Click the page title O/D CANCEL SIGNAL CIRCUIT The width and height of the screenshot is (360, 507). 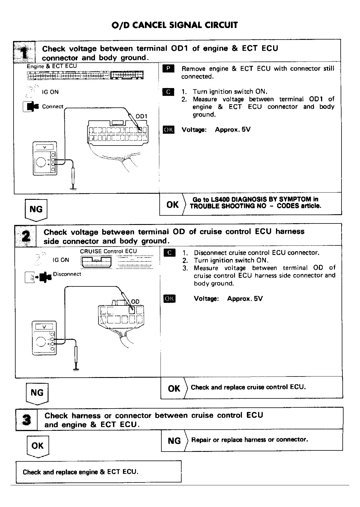(175, 25)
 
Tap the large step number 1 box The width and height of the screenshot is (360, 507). (25, 52)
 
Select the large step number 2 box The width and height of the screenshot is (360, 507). (26, 236)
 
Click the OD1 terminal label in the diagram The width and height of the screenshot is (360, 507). (141, 116)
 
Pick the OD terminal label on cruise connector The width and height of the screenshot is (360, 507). (135, 302)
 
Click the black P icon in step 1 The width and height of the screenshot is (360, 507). (168, 69)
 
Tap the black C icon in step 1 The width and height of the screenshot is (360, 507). (168, 92)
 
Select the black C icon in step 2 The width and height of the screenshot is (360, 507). (169, 253)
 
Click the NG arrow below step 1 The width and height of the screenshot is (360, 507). (36, 209)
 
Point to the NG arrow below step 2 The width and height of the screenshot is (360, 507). (37, 393)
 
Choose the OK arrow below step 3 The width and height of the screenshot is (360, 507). (38, 446)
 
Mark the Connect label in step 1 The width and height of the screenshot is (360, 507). (53, 107)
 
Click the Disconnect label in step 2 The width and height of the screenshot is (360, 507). (67, 274)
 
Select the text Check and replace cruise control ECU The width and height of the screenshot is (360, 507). (248, 387)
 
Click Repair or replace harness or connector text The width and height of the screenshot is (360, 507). (249, 440)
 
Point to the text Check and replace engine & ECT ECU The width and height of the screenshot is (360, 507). (81, 472)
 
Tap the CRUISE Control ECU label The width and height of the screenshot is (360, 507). (108, 251)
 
